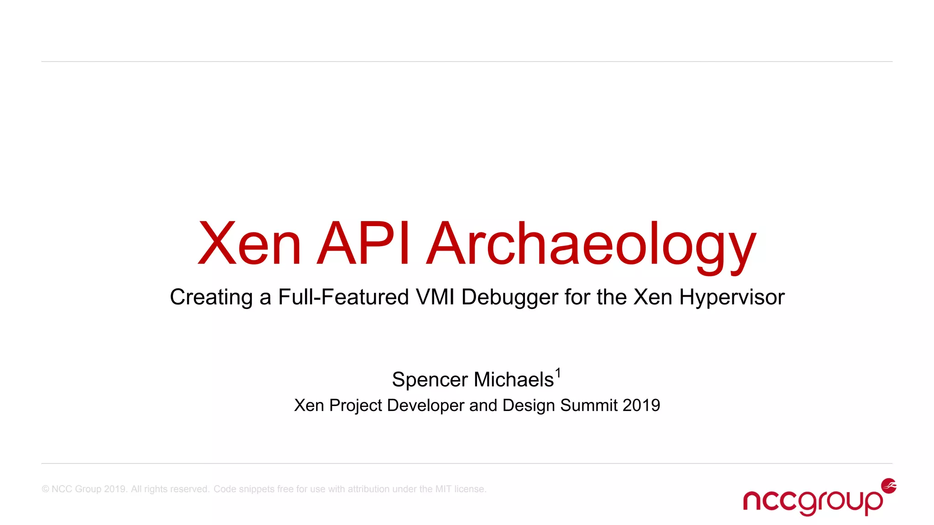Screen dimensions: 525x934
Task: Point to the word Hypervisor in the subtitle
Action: coord(732,298)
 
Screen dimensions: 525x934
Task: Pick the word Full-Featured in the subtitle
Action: coord(343,297)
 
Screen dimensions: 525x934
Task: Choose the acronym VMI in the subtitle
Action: coord(435,297)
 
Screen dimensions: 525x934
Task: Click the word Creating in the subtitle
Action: coord(211,298)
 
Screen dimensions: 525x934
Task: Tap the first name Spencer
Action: coord(430,380)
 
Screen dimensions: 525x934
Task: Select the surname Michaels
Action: coord(514,380)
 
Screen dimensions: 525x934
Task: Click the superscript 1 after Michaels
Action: coord(558,374)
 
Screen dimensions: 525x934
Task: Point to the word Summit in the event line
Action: coord(589,405)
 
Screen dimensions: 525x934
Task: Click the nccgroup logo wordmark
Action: coord(812,502)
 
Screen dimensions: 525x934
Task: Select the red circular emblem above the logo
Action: coord(889,486)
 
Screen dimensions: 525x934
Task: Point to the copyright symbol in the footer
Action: coord(45,489)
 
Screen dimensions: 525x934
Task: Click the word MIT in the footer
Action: coord(443,489)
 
